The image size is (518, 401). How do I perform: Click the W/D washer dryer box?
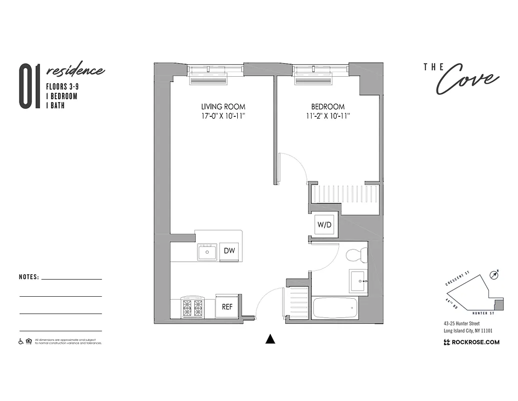click(x=324, y=225)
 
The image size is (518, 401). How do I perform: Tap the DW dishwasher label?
click(x=230, y=251)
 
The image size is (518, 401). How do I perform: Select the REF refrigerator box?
click(x=227, y=307)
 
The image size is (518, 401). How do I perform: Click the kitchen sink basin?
click(x=207, y=252)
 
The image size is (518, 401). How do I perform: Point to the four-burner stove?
click(x=193, y=307)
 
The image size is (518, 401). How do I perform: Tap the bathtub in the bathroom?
click(x=335, y=307)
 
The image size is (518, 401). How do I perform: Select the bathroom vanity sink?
click(x=359, y=281)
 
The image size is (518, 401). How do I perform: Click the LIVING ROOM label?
click(x=223, y=107)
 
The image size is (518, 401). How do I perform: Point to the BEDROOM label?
click(x=328, y=107)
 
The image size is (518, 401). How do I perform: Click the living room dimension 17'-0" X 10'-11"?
click(x=223, y=116)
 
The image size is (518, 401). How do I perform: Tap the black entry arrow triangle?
click(x=270, y=339)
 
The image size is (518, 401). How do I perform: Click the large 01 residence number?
click(x=29, y=86)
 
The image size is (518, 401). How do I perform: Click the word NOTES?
click(x=29, y=277)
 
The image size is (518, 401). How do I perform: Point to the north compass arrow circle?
click(x=495, y=274)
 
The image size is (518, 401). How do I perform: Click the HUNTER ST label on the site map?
click(x=485, y=313)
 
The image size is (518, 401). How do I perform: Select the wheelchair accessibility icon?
click(x=21, y=341)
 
